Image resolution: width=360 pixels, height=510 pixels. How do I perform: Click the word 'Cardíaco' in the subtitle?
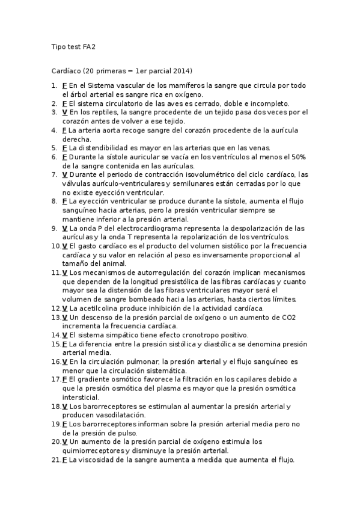[x=66, y=70]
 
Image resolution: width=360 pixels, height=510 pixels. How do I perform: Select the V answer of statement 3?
[x=64, y=112]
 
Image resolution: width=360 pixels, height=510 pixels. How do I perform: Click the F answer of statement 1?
[x=64, y=85]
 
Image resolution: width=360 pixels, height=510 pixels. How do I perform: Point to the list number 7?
[x=54, y=174]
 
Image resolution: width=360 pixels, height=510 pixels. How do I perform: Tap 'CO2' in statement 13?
[x=286, y=317]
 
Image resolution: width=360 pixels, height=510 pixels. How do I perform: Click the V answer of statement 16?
[x=64, y=361]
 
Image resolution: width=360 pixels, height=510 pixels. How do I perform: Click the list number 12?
[x=55, y=308]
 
